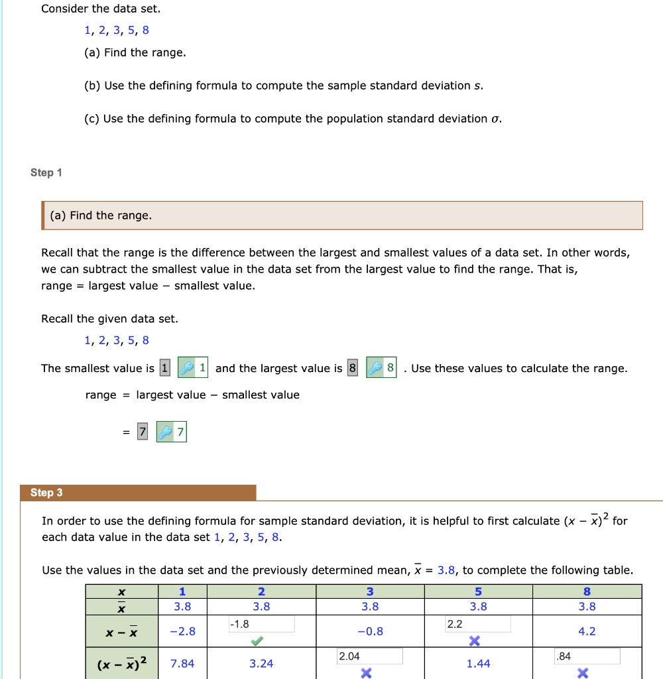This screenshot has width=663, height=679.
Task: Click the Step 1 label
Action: tap(46, 173)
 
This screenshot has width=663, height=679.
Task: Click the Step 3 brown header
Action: tap(143, 493)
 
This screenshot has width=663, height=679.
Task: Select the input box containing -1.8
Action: tap(261, 624)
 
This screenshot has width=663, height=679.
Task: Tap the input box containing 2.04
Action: tap(369, 656)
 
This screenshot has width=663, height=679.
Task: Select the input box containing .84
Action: tap(587, 656)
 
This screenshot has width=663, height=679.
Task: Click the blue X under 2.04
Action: tap(365, 672)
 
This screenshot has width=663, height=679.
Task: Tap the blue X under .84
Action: tap(583, 672)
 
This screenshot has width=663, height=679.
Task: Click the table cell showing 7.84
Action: tap(182, 664)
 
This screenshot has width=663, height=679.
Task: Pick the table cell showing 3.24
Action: tap(261, 664)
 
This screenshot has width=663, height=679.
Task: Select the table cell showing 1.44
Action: tap(478, 664)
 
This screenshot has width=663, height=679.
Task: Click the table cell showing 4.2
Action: tap(587, 631)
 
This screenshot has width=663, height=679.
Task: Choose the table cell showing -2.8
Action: tap(182, 631)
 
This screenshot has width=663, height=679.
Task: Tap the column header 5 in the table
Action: tap(478, 591)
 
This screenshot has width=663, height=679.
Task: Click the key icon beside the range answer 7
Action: tap(164, 433)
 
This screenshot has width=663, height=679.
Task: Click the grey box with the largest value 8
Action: tap(352, 369)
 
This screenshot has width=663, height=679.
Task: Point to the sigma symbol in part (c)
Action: tap(494, 119)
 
